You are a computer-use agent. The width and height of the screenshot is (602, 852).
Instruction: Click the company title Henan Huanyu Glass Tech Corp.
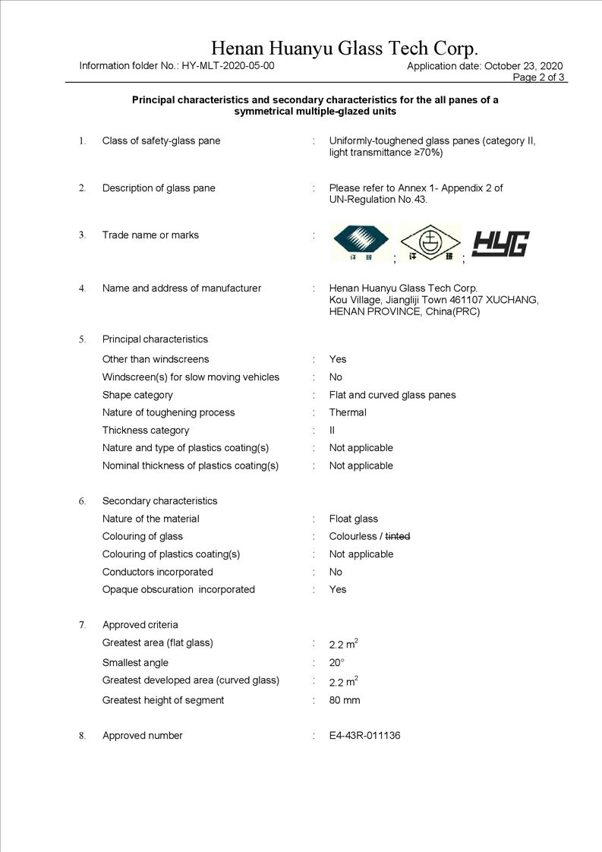click(x=345, y=49)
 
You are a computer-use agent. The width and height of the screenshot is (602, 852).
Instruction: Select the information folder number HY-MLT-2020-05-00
click(x=228, y=66)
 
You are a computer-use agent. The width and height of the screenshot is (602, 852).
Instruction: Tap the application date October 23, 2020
click(x=524, y=66)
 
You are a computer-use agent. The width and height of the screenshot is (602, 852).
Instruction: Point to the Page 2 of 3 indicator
click(x=539, y=77)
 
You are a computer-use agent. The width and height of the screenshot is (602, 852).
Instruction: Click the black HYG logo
click(x=500, y=243)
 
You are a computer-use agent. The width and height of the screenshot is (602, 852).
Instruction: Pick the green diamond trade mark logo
click(x=361, y=242)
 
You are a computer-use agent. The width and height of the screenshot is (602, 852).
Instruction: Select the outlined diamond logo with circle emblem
click(x=430, y=243)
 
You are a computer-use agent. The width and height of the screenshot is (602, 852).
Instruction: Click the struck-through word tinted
click(x=398, y=537)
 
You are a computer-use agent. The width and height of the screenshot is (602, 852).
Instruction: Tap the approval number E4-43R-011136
click(x=364, y=736)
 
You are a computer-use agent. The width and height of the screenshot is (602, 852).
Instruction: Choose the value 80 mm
click(x=345, y=700)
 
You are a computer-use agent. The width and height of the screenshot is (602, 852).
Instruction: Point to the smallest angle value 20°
click(x=336, y=663)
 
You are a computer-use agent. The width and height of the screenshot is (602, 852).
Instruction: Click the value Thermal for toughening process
click(x=348, y=412)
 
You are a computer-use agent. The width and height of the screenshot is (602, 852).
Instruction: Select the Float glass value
click(x=353, y=519)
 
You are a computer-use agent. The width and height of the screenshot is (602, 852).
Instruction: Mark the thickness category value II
click(x=332, y=431)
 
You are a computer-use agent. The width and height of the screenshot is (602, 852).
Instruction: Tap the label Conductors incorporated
click(x=158, y=572)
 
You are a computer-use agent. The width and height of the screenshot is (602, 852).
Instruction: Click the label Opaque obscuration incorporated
click(x=178, y=589)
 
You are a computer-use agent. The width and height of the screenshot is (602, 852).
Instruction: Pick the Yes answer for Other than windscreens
click(x=338, y=359)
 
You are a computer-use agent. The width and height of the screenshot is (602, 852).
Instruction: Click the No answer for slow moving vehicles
click(x=336, y=377)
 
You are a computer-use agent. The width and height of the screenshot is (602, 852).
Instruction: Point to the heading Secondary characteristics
click(x=159, y=501)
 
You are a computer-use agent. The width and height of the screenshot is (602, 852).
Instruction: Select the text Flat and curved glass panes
click(x=392, y=395)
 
